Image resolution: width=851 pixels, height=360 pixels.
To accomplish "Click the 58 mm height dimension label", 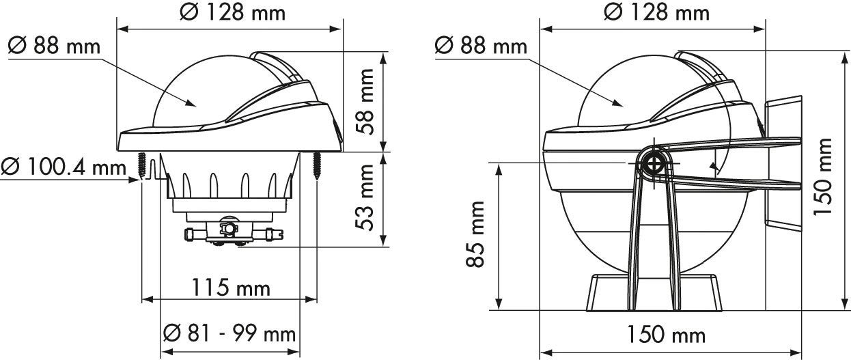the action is (x=365, y=102).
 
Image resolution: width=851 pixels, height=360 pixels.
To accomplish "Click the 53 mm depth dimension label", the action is (x=365, y=197).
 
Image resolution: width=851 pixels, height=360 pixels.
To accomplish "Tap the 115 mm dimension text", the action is (x=231, y=288).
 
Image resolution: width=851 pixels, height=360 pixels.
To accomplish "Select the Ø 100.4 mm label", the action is (x=64, y=167).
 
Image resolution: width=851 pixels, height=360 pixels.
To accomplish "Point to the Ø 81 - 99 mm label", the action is (x=229, y=334).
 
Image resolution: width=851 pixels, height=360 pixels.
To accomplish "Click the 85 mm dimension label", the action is (x=475, y=234).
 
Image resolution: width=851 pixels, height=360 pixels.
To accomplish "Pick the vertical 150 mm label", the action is (x=822, y=177).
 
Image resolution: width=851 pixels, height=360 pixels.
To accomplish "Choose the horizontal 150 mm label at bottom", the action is (x=666, y=335).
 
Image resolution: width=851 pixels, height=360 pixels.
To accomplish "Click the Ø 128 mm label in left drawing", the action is (x=232, y=12).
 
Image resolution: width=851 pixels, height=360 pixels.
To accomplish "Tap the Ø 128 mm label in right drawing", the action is (x=656, y=12).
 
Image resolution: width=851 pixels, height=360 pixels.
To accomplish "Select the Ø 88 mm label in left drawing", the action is (x=54, y=46).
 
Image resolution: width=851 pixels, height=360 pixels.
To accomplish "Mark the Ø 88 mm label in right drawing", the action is (x=481, y=46).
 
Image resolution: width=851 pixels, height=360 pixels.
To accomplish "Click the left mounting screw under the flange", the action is (x=142, y=166).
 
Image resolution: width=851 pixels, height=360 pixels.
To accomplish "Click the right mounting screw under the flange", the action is (x=317, y=166).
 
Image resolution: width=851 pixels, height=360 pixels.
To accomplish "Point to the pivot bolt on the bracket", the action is (x=654, y=165).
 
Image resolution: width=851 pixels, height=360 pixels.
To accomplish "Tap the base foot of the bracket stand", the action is (x=654, y=293).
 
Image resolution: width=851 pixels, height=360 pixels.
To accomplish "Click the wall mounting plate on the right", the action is (x=784, y=163).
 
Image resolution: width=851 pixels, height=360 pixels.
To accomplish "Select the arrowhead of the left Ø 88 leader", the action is (x=191, y=103).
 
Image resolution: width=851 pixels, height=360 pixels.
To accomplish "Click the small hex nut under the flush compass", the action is (x=228, y=228).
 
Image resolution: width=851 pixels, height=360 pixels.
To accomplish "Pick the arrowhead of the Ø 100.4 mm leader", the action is (x=135, y=180).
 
